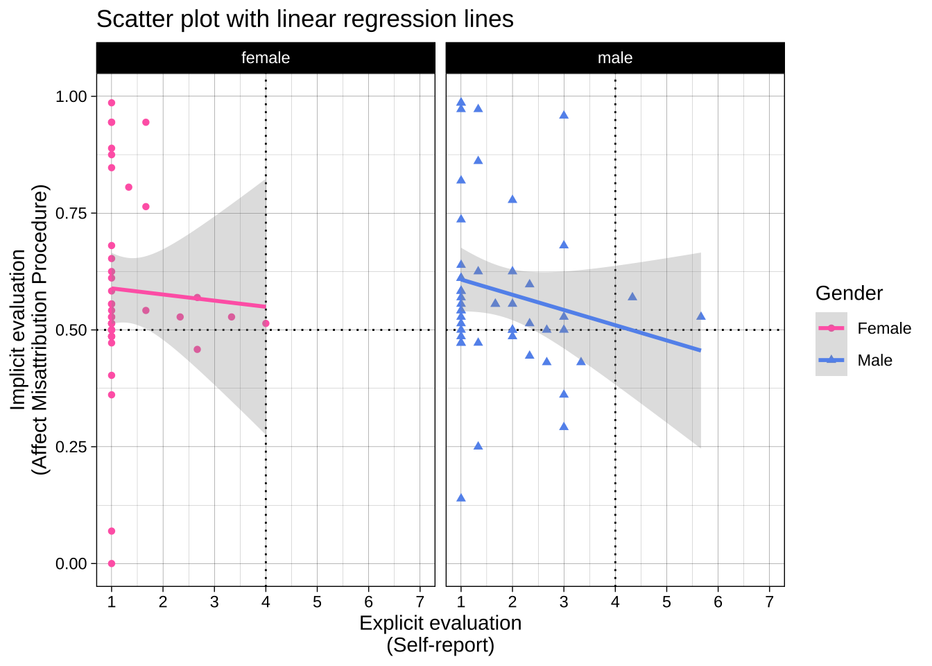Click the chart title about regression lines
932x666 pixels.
click(x=304, y=19)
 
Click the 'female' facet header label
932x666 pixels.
click(x=266, y=58)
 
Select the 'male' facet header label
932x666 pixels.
click(x=615, y=58)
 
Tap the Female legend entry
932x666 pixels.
click(x=883, y=328)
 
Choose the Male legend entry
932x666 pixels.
click(x=874, y=360)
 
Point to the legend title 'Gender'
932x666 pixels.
click(x=849, y=293)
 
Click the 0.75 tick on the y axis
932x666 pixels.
click(x=71, y=213)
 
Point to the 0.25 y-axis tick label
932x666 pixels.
click(x=71, y=447)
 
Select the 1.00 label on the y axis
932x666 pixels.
click(x=71, y=96)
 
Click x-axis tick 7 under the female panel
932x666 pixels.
click(x=420, y=601)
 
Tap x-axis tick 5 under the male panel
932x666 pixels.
click(x=666, y=601)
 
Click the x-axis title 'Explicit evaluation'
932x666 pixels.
click(x=440, y=623)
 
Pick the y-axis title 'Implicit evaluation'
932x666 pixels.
click(x=19, y=330)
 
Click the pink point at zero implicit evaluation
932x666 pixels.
click(x=112, y=563)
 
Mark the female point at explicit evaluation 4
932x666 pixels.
click(x=266, y=323)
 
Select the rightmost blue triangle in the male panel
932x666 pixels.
click(x=700, y=316)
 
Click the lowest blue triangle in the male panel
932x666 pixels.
click(x=461, y=497)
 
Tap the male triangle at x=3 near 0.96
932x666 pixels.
click(x=564, y=114)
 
